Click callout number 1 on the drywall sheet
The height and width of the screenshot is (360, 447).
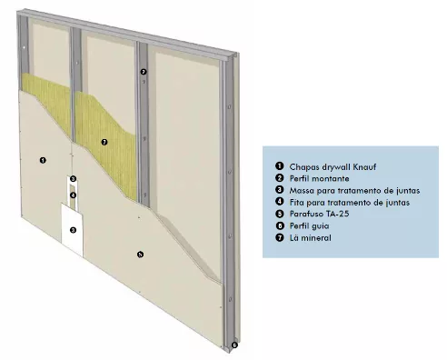tap(43, 160)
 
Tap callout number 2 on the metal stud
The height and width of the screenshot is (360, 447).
tap(144, 72)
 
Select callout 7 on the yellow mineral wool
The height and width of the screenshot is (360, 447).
tap(104, 142)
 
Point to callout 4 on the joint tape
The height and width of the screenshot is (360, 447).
tap(73, 195)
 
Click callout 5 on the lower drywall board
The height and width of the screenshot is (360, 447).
tap(140, 255)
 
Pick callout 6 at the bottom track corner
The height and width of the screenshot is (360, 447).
tap(234, 345)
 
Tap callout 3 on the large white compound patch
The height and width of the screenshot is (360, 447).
tap(73, 230)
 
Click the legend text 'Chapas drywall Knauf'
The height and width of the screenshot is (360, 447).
tap(333, 167)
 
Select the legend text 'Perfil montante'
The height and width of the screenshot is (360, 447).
tap(319, 178)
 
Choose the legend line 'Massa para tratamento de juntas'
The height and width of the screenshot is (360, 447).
tap(354, 191)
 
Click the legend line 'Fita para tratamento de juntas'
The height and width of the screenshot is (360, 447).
tap(350, 202)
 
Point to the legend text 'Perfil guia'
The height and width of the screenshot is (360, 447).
tap(309, 225)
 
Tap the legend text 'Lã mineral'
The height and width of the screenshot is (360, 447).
tap(311, 237)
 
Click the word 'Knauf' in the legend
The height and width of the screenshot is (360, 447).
tap(364, 166)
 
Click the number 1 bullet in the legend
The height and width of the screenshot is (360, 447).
tap(280, 166)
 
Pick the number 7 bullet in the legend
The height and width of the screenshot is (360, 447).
tap(280, 237)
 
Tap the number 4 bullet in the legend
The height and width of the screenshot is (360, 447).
tap(280, 202)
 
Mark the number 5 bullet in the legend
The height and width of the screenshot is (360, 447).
tap(280, 214)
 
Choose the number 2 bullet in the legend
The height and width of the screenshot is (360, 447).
tap(280, 178)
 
